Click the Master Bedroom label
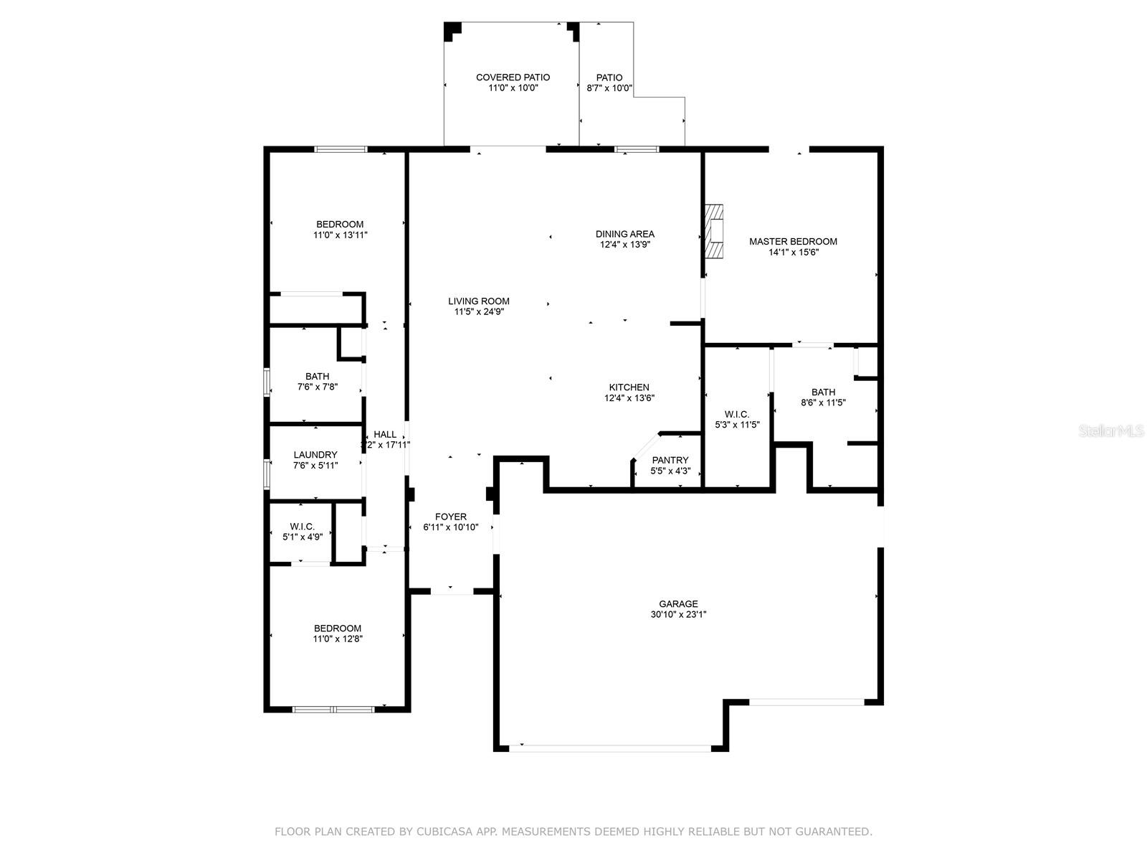793,242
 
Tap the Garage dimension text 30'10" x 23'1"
678,614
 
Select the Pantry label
670,461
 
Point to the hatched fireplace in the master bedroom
714,231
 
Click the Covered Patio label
513,77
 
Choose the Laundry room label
315,455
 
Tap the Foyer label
450,517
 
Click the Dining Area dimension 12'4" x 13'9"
625,245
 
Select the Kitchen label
629,387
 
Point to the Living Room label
478,301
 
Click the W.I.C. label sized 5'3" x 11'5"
736,415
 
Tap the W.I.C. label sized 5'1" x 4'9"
302,527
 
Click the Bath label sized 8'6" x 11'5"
823,392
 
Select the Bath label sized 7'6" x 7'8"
317,377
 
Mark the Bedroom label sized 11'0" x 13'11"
340,225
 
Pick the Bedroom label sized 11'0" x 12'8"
337,629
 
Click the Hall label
385,434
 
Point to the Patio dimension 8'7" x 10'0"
609,88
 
